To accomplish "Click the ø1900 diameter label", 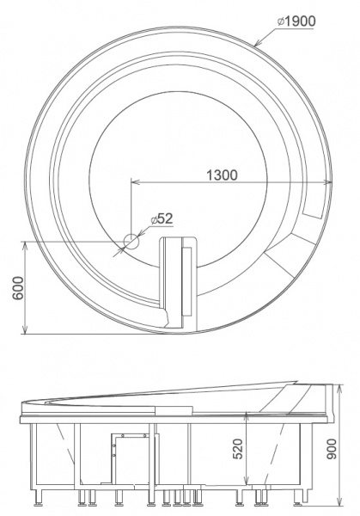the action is (x=296, y=21).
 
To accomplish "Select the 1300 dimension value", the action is (x=222, y=175).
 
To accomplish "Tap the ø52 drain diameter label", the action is (x=162, y=218).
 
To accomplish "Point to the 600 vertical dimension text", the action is (x=18, y=287).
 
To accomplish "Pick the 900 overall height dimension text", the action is (x=331, y=449).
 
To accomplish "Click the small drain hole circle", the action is (x=131, y=242).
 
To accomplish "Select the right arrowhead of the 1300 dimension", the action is (x=327, y=182).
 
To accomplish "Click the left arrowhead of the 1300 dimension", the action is (x=136, y=182).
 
